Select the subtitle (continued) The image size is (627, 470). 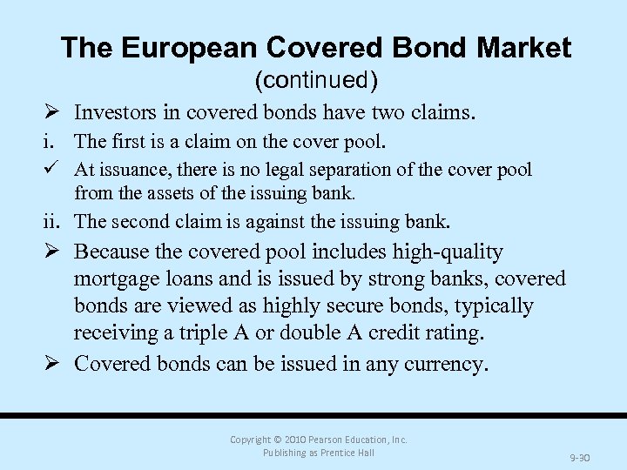click(315, 81)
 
